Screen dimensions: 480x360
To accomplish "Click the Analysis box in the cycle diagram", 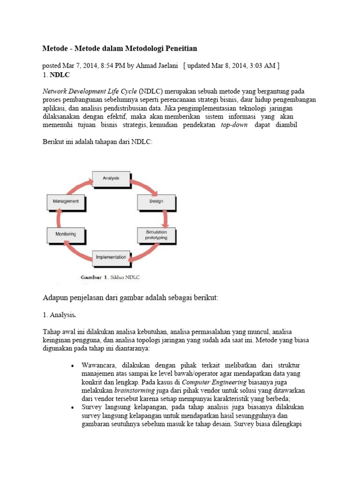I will [x=111, y=178].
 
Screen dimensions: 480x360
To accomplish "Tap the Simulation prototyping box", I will [x=156, y=235].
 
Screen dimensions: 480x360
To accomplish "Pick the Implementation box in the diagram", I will [x=111, y=257].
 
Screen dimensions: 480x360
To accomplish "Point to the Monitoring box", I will [x=66, y=233].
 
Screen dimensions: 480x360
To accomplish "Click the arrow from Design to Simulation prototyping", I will [x=165, y=218].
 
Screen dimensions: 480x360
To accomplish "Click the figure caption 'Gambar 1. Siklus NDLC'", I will [x=110, y=277].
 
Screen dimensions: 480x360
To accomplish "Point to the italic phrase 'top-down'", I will [x=235, y=125].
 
